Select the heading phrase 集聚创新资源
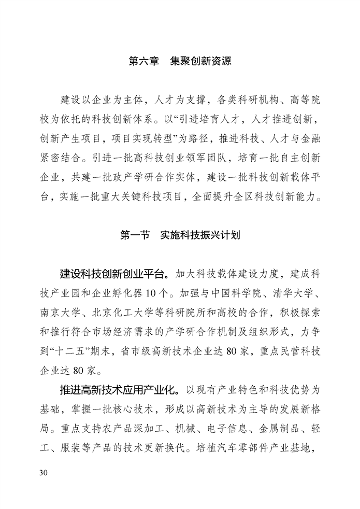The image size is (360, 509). point(200,61)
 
